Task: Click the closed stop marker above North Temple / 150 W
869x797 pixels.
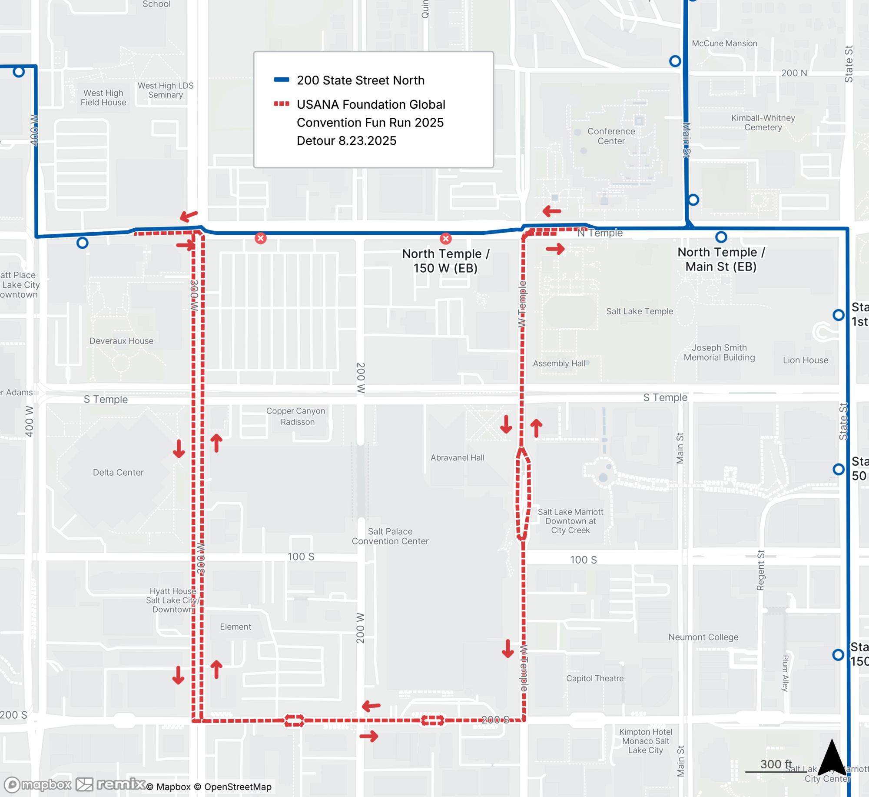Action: point(446,238)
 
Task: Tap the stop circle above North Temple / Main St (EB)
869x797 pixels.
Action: point(721,237)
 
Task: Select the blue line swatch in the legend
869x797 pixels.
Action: point(282,80)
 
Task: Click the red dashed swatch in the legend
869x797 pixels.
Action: point(282,103)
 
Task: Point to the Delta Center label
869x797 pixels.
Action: point(118,472)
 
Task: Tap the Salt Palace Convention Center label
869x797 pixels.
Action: point(390,536)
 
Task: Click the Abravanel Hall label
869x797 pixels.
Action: point(457,457)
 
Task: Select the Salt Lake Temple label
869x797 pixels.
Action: point(639,311)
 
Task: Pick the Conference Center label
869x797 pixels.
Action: point(611,136)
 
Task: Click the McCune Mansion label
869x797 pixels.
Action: point(724,43)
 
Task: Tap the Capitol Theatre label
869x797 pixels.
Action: point(594,678)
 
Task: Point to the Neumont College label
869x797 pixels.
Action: point(703,637)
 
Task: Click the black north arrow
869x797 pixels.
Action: point(832,758)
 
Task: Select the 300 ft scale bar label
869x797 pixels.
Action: point(776,764)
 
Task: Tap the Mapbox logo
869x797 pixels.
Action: point(38,784)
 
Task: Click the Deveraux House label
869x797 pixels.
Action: point(121,341)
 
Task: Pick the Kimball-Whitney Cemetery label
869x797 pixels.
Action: point(763,123)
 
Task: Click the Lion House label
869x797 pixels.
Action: point(805,360)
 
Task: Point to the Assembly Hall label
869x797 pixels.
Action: point(559,363)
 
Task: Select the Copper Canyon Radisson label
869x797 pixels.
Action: point(296,416)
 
